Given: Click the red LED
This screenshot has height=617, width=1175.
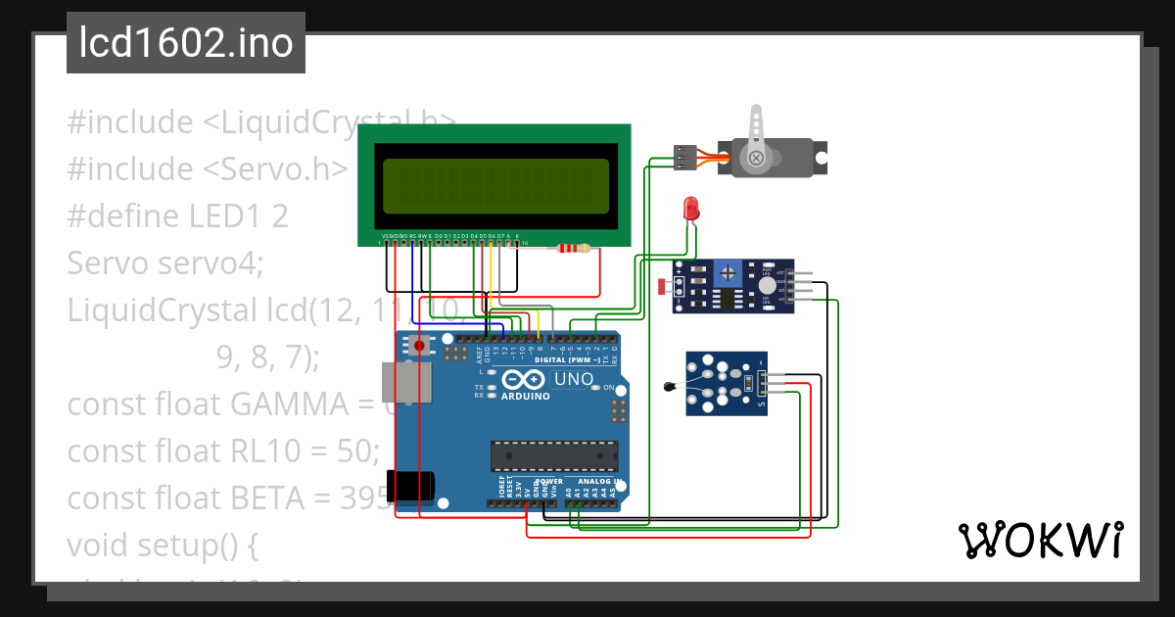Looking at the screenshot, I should point(691,208).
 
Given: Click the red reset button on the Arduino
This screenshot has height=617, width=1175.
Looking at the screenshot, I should point(421,346).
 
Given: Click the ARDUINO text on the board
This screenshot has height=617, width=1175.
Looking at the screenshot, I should point(526,397).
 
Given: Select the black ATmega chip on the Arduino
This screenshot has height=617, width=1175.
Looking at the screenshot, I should point(554,456).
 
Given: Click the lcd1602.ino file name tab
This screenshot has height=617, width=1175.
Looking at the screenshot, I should point(186,43).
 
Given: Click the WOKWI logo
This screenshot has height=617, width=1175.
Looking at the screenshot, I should point(1040,541).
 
